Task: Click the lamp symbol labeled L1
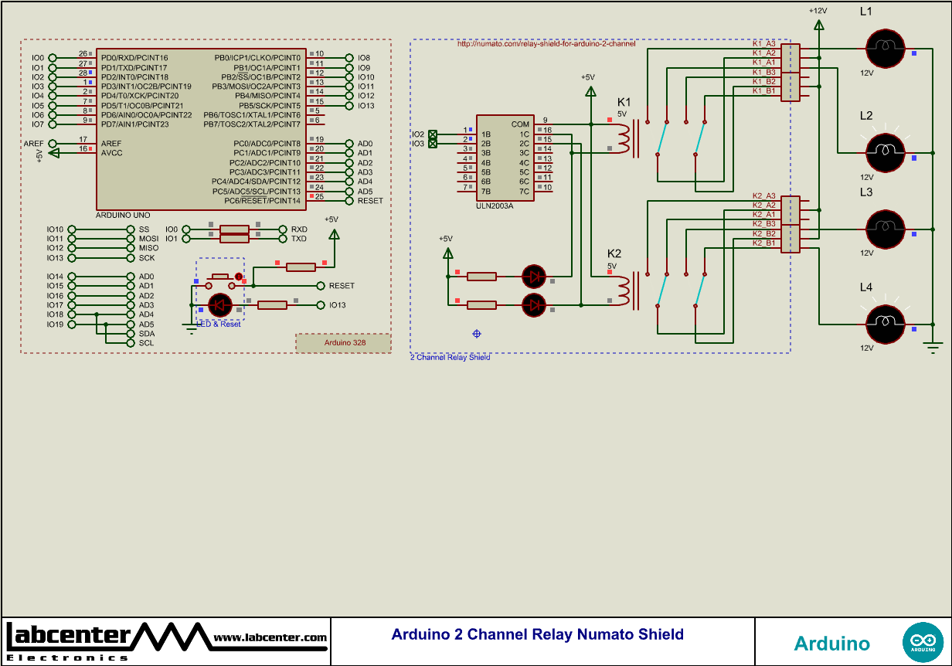[884, 48]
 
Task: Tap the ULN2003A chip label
[495, 206]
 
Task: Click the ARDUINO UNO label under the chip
[123, 215]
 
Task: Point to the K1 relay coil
[624, 138]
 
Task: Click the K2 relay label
[614, 253]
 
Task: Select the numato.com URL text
[546, 44]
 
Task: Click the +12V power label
[818, 11]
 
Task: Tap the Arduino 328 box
[344, 342]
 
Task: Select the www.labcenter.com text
[270, 637]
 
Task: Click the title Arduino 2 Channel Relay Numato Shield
[537, 634]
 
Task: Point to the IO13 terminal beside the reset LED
[337, 305]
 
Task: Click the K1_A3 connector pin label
[763, 43]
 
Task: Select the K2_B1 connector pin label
[763, 243]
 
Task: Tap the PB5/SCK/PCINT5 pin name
[269, 106]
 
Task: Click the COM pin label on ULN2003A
[520, 124]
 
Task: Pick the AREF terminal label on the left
[33, 144]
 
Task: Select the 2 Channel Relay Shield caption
[450, 358]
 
